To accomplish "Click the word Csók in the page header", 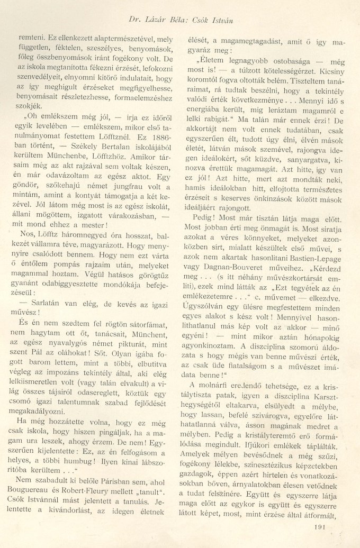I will click(197, 20).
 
